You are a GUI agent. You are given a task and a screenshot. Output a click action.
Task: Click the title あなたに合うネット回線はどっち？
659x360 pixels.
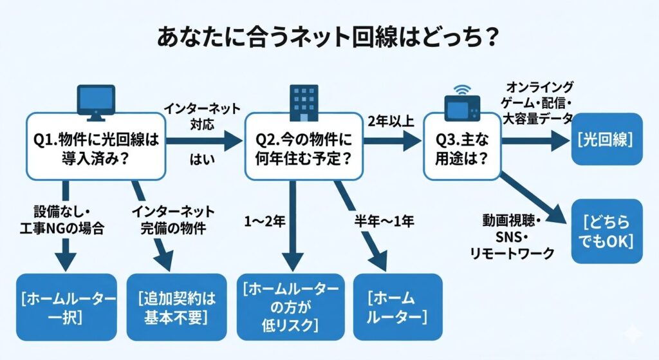(328, 37)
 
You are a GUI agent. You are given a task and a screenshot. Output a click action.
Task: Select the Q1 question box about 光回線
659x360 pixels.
(95, 147)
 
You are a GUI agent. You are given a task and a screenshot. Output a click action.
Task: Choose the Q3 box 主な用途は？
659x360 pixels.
(462, 147)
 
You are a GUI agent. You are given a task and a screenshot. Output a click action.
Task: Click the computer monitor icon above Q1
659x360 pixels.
(95, 102)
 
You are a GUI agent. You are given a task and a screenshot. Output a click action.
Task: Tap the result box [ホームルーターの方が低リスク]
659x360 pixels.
(288, 307)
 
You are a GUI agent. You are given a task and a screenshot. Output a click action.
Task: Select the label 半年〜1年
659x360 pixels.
(384, 221)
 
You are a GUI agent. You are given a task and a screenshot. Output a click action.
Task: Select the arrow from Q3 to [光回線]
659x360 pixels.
(534, 140)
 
